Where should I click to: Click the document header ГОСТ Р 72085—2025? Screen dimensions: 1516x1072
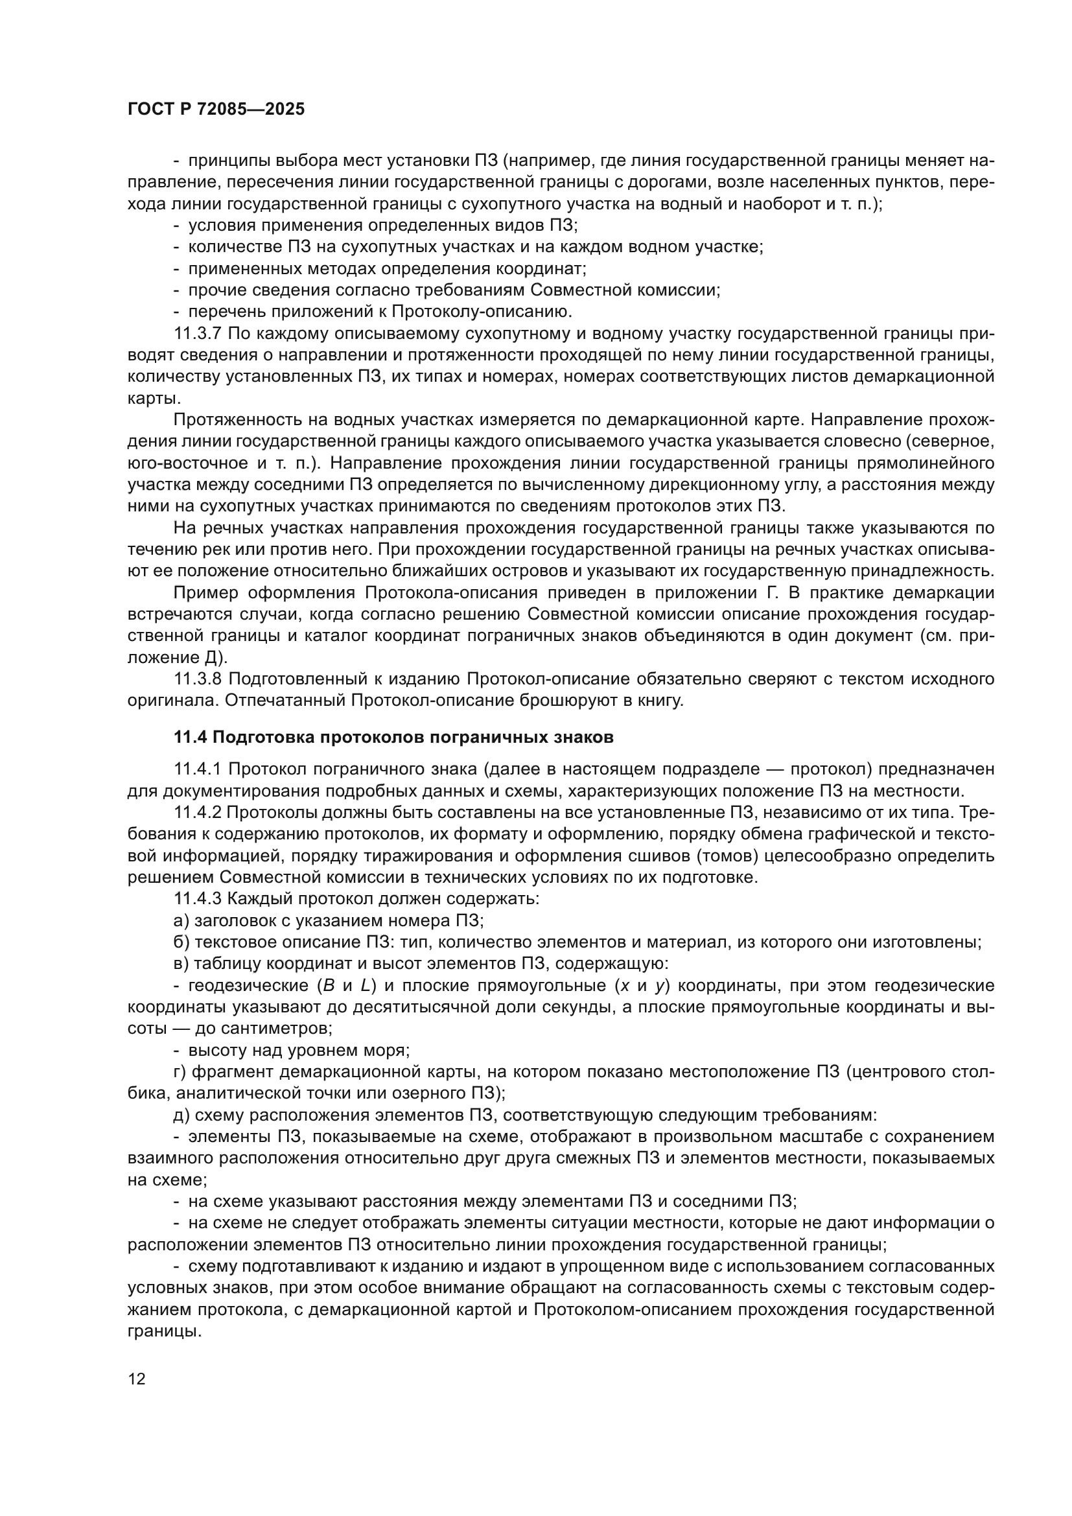(216, 110)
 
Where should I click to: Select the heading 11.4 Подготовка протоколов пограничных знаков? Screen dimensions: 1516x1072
(393, 738)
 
